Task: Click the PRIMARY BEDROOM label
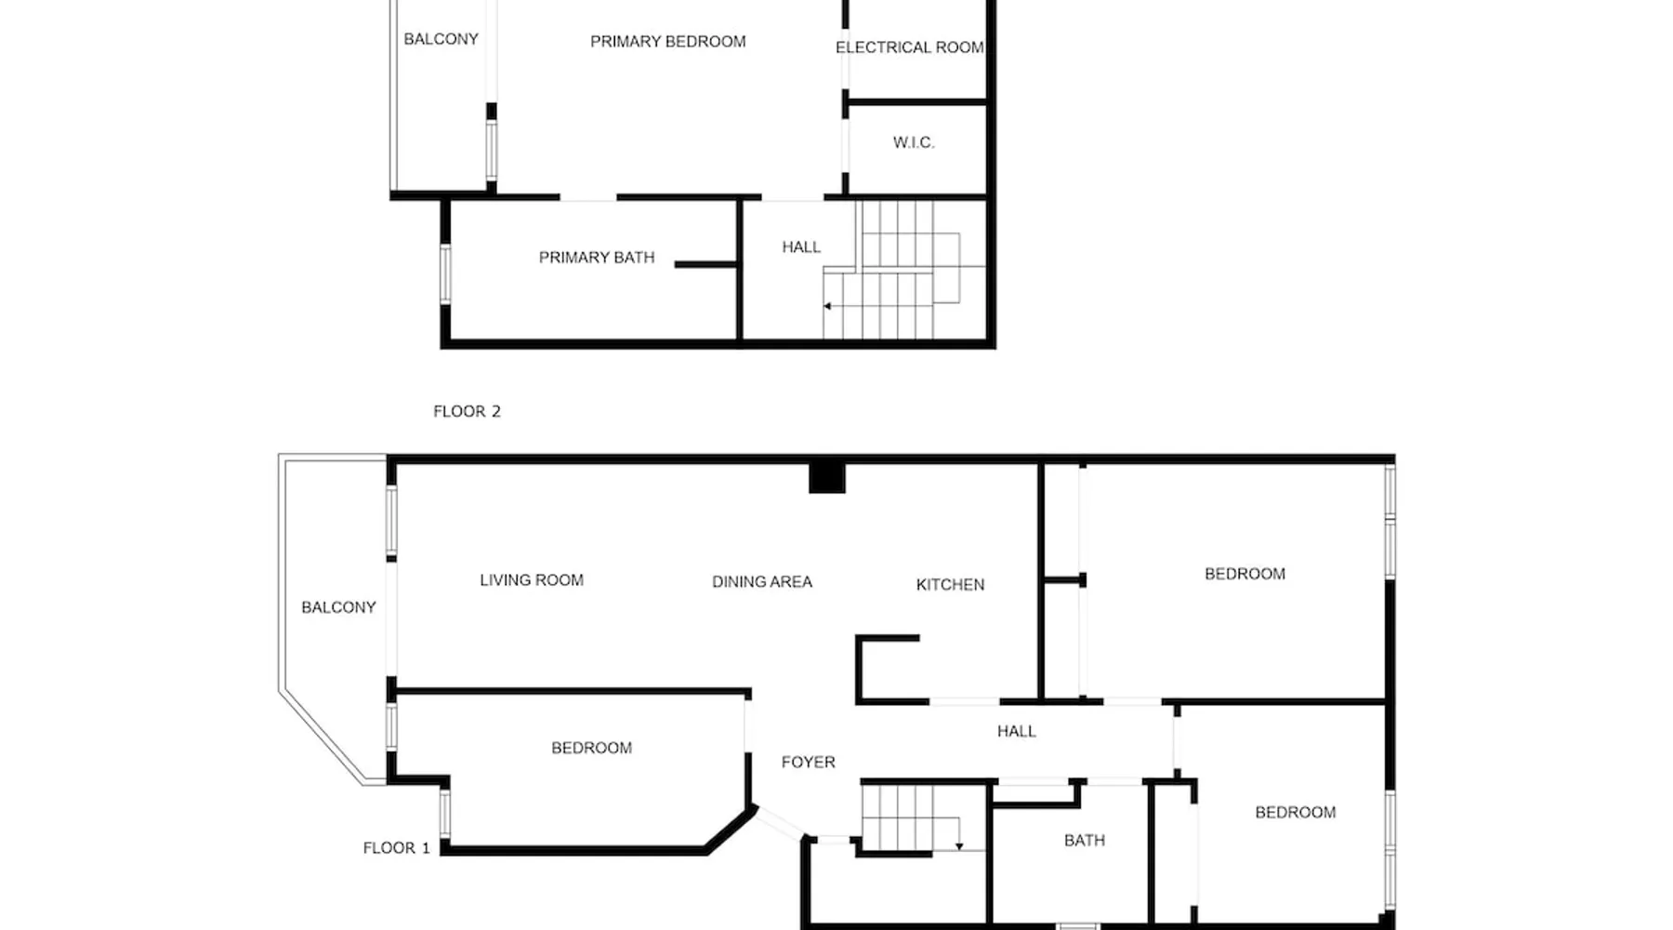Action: [667, 42]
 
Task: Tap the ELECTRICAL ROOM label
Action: [909, 47]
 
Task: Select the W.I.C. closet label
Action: [914, 142]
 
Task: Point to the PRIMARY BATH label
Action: [597, 258]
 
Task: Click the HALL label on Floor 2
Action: [801, 247]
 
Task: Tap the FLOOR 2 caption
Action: [467, 411]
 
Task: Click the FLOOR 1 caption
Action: [396, 848]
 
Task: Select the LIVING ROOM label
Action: [532, 580]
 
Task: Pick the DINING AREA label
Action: [762, 582]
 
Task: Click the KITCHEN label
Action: [950, 585]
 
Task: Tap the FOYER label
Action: [808, 763]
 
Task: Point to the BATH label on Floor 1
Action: [1085, 841]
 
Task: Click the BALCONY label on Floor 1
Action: [338, 607]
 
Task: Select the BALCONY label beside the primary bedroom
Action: [441, 39]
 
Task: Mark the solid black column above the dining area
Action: [826, 477]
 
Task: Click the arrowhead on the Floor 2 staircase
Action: [827, 306]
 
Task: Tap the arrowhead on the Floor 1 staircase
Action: [959, 846]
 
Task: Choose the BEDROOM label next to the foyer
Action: [591, 749]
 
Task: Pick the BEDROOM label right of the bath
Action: [1295, 813]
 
